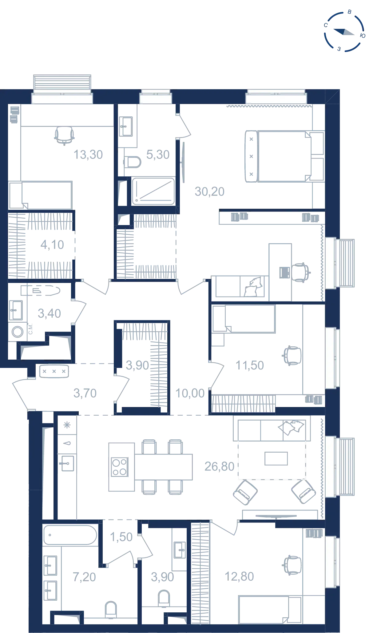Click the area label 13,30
click(88, 155)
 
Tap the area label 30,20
click(210, 192)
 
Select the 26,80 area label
click(220, 466)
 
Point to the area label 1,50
click(121, 537)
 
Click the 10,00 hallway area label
click(190, 393)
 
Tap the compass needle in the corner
click(344, 32)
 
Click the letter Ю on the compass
click(363, 36)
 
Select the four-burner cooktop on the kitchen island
click(120, 467)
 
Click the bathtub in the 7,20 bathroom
click(70, 535)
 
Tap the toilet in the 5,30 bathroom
click(133, 162)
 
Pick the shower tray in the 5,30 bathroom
click(153, 191)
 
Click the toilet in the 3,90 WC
click(164, 598)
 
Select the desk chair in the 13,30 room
click(64, 135)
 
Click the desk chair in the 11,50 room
click(292, 356)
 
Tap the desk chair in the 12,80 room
click(292, 565)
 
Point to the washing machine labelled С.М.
click(18, 332)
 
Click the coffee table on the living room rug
click(276, 458)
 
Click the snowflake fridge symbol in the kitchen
click(67, 425)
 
